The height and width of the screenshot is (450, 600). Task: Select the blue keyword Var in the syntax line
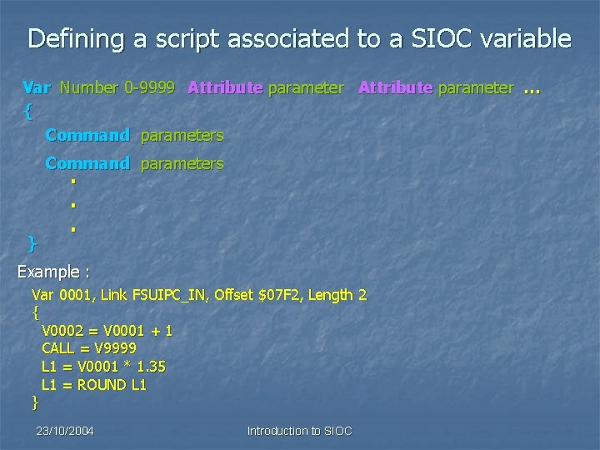click(37, 87)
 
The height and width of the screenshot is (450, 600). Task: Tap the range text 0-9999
click(149, 87)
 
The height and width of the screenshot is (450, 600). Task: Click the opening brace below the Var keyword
click(29, 109)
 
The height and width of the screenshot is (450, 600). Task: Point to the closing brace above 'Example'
click(32, 243)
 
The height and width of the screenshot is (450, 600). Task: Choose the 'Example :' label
click(54, 272)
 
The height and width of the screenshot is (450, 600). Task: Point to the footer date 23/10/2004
click(65, 431)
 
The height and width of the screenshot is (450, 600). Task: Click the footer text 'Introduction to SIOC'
click(300, 431)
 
